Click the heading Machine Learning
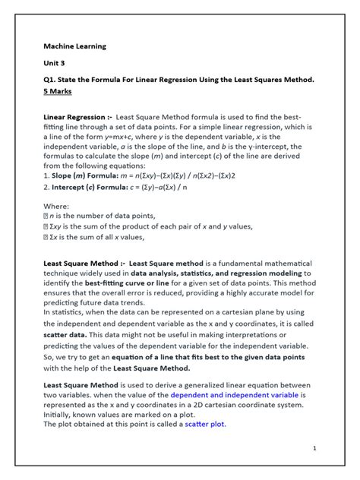[x=74, y=46]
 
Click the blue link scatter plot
[x=206, y=425]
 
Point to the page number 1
[x=314, y=449]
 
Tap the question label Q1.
[x=50, y=80]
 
